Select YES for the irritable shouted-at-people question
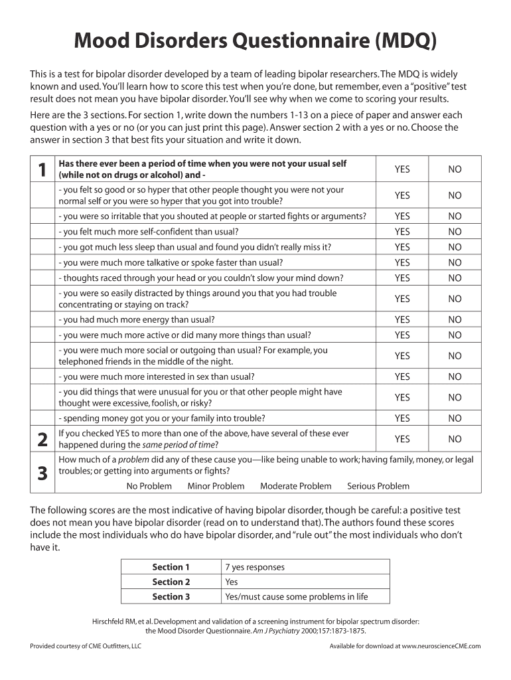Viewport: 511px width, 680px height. (402, 216)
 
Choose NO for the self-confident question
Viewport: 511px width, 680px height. (455, 232)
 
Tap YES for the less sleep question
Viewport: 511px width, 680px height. (402, 247)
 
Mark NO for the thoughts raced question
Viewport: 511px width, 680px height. (455, 278)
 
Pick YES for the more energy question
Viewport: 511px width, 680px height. (402, 319)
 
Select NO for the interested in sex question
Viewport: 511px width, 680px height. (455, 377)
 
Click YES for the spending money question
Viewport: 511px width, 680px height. (402, 418)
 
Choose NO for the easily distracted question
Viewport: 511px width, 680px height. (455, 299)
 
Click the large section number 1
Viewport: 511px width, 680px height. (42, 170)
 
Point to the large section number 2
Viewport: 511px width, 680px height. (42, 439)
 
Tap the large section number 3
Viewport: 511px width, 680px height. (42, 473)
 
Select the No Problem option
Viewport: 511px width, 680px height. (149, 486)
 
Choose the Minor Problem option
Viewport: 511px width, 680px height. (216, 486)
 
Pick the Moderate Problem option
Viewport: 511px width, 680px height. (295, 486)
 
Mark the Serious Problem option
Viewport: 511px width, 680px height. (378, 486)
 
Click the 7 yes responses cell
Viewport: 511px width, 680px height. (255, 567)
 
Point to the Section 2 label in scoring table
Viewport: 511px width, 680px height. (171, 582)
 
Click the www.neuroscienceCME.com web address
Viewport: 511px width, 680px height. (441, 645)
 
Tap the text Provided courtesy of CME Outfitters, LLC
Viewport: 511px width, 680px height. (86, 645)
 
